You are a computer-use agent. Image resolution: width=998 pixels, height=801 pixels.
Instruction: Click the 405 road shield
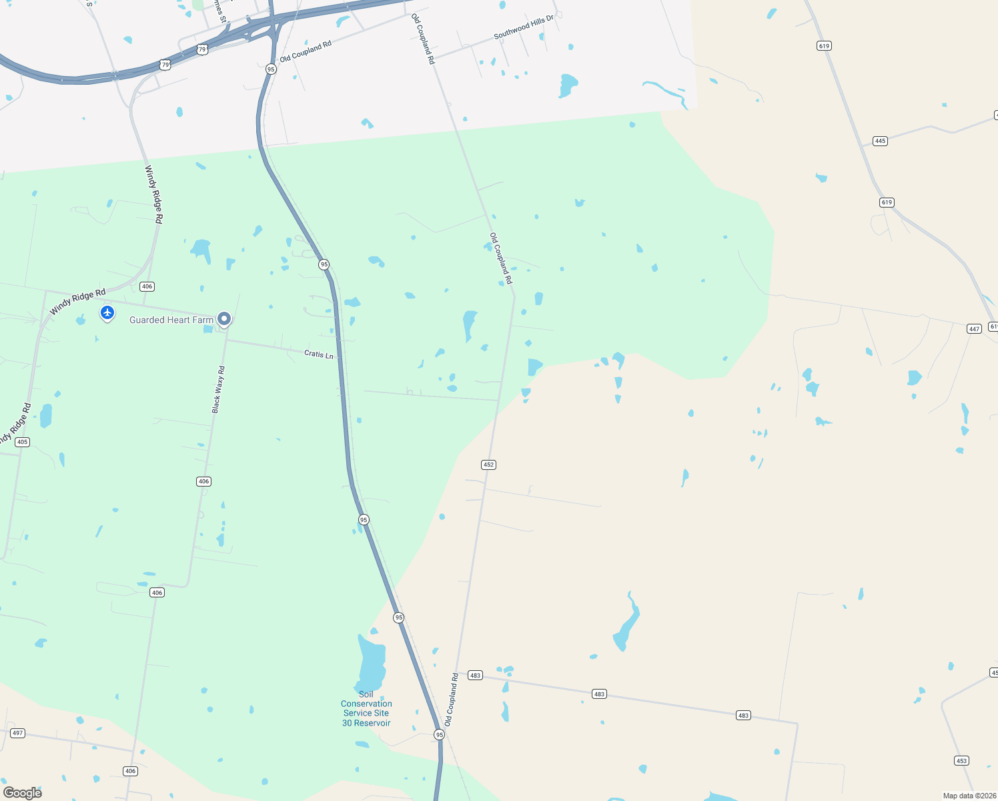point(22,442)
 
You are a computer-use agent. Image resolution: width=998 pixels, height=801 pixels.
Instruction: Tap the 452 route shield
point(488,465)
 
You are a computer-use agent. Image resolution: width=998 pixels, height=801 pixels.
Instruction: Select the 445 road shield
point(880,141)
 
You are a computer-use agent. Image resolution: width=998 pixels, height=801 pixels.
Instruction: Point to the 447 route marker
point(974,328)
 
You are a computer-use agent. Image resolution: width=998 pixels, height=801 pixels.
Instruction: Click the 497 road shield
point(17,733)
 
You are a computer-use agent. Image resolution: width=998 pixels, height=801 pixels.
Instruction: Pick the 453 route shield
point(961,760)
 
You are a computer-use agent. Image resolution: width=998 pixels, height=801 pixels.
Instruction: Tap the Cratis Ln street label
point(318,354)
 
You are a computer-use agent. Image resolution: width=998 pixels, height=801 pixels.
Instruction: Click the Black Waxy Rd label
point(218,389)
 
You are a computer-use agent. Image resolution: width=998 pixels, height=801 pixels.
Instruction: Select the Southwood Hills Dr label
point(524,26)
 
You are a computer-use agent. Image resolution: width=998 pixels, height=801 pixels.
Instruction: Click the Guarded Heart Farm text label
point(171,320)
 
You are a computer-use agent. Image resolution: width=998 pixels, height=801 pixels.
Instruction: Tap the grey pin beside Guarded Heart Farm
point(224,319)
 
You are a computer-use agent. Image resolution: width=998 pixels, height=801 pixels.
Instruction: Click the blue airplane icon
point(107,312)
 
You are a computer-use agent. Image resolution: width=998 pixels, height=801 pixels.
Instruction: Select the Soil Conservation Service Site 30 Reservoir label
point(366,709)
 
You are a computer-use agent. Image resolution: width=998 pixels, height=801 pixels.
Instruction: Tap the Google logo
point(22,792)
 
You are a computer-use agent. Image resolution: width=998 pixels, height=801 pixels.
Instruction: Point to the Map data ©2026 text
point(969,796)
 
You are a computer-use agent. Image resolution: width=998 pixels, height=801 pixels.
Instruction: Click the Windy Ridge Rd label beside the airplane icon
point(77,302)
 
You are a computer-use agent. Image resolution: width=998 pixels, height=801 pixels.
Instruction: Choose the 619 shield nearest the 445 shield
point(887,202)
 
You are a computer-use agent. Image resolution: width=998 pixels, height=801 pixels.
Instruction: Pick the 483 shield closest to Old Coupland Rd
point(475,676)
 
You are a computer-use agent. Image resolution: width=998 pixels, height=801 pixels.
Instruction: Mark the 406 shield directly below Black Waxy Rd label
point(203,481)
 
